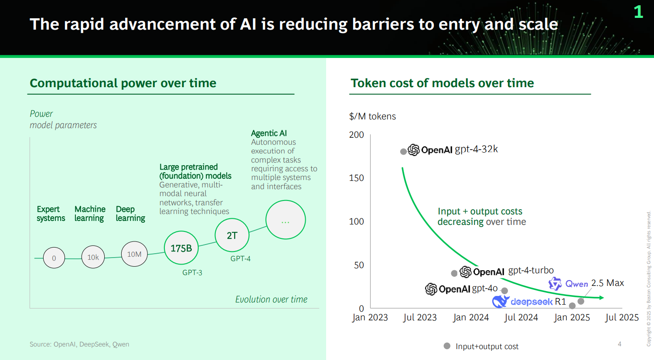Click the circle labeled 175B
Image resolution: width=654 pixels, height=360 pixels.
pos(181,248)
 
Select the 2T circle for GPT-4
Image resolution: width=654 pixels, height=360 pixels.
pos(232,235)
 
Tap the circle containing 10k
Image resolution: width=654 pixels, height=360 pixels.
pos(93,257)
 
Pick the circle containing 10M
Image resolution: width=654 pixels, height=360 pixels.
pos(134,254)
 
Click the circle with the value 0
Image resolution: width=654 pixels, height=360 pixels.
pos(54,258)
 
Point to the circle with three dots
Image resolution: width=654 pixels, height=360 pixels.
pos(286,220)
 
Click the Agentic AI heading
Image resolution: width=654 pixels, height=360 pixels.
pos(269,133)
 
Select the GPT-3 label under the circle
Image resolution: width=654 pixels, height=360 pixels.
pos(192,272)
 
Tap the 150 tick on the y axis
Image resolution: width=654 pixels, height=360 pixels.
pos(356,178)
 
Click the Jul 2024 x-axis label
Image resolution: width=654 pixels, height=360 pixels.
pos(521,317)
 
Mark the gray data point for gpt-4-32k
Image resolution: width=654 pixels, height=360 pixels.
pos(404,151)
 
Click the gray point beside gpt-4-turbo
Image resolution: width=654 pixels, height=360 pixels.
pos(454,273)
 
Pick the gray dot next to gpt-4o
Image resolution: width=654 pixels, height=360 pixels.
pos(504,291)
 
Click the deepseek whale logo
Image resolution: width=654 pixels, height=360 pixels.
pos(500,301)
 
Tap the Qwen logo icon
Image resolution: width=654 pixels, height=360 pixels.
pos(555,284)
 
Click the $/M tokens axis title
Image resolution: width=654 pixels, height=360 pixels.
pos(372,116)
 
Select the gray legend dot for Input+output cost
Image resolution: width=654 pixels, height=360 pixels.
pos(447,346)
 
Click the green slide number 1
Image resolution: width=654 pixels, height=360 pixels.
pos(638,12)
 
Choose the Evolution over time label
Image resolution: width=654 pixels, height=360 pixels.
pos(271,299)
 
